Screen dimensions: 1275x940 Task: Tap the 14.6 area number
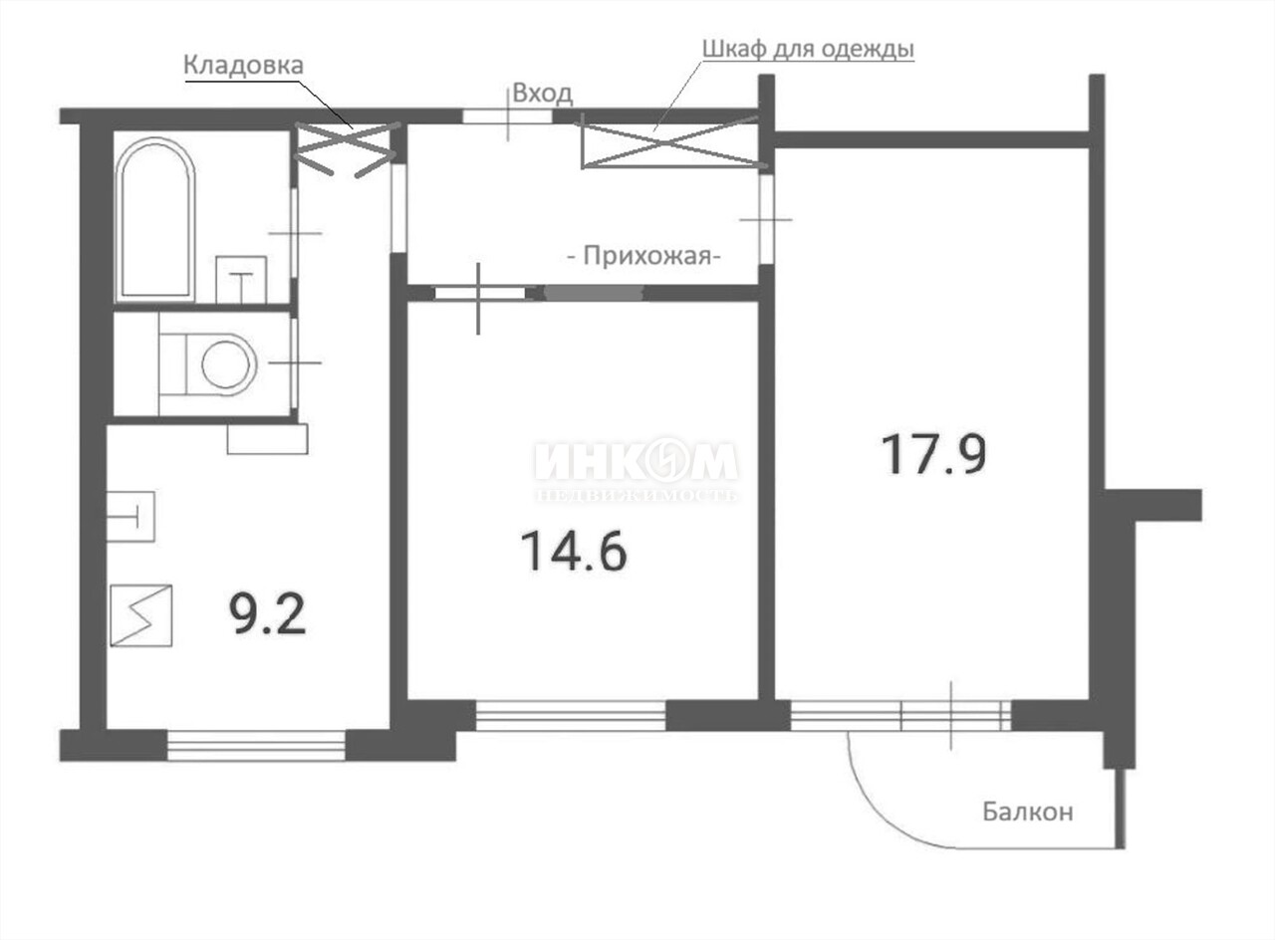pyautogui.click(x=574, y=551)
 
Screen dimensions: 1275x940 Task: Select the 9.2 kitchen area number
pyautogui.click(x=268, y=614)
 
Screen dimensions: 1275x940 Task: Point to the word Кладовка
pyautogui.click(x=243, y=66)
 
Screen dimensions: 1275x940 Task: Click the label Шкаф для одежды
pyautogui.click(x=808, y=50)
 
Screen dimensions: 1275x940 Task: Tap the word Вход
pyautogui.click(x=543, y=94)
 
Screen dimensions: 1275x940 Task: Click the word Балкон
pyautogui.click(x=1028, y=812)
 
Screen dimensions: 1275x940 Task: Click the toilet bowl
pyautogui.click(x=208, y=364)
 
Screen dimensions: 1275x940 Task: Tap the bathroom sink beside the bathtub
pyautogui.click(x=241, y=280)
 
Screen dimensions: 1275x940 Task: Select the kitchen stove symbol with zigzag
pyautogui.click(x=141, y=615)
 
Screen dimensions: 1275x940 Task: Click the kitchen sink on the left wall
pyautogui.click(x=130, y=517)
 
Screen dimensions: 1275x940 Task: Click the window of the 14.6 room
pyautogui.click(x=571, y=715)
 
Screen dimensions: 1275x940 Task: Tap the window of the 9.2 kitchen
pyautogui.click(x=256, y=746)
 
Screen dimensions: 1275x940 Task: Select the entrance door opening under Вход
pyautogui.click(x=507, y=117)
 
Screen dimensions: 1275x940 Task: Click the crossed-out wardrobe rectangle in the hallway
pyautogui.click(x=670, y=144)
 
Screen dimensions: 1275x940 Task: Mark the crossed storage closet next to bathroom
pyautogui.click(x=345, y=149)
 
